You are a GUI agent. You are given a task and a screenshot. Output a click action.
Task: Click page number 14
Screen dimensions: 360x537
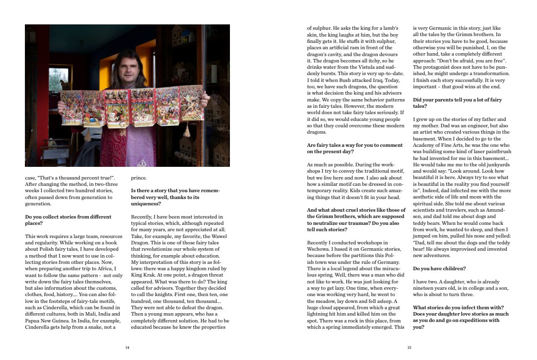(x=127, y=347)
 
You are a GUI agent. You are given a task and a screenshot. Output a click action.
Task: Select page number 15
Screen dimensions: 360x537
(x=410, y=347)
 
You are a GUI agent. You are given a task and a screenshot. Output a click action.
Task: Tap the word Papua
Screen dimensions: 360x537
(x=35, y=321)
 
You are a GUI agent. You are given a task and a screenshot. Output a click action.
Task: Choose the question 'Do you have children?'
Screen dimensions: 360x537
(x=439, y=268)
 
